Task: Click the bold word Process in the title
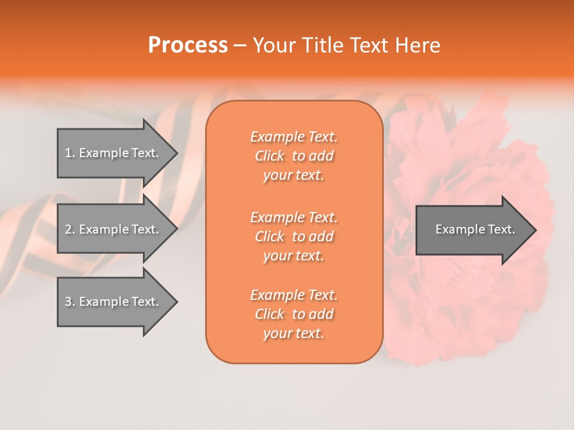188,45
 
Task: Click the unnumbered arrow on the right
472,229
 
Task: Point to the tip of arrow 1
176,153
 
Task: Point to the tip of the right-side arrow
535,230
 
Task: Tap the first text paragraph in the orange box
294,156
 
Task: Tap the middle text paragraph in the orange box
294,236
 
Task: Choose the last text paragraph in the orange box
294,314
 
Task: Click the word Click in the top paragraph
270,156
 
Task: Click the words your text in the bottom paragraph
294,334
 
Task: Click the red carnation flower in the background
472,299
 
